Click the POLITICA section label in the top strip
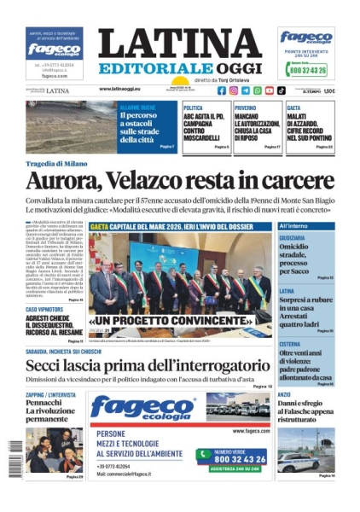[193, 108]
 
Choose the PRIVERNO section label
[245, 108]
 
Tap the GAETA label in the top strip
[293, 108]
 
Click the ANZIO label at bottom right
[285, 394]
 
